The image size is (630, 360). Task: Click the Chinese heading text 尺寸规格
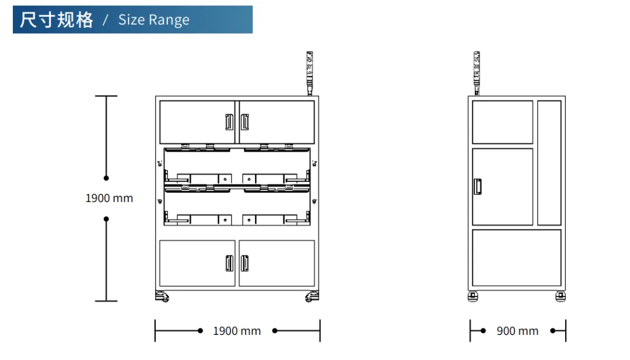pyautogui.click(x=56, y=20)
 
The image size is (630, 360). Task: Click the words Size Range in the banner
pyautogui.click(x=153, y=20)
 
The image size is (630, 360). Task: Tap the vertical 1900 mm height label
pyautogui.click(x=109, y=198)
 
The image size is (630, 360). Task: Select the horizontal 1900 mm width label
pyautogui.click(x=237, y=331)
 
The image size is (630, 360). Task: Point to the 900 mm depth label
pyautogui.click(x=517, y=331)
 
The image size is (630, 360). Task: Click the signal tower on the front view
pyautogui.click(x=310, y=73)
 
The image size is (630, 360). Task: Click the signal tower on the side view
pyautogui.click(x=477, y=73)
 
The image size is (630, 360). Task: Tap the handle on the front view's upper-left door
pyautogui.click(x=229, y=122)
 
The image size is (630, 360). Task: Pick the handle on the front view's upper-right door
pyautogui.click(x=244, y=122)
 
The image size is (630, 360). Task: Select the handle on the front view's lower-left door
pyautogui.click(x=229, y=263)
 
